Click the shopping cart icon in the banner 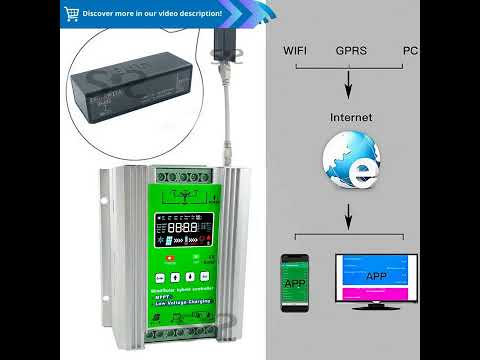tap(71, 14)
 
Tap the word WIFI tap(295, 49)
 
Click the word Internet tap(350, 117)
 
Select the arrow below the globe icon tap(349, 214)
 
